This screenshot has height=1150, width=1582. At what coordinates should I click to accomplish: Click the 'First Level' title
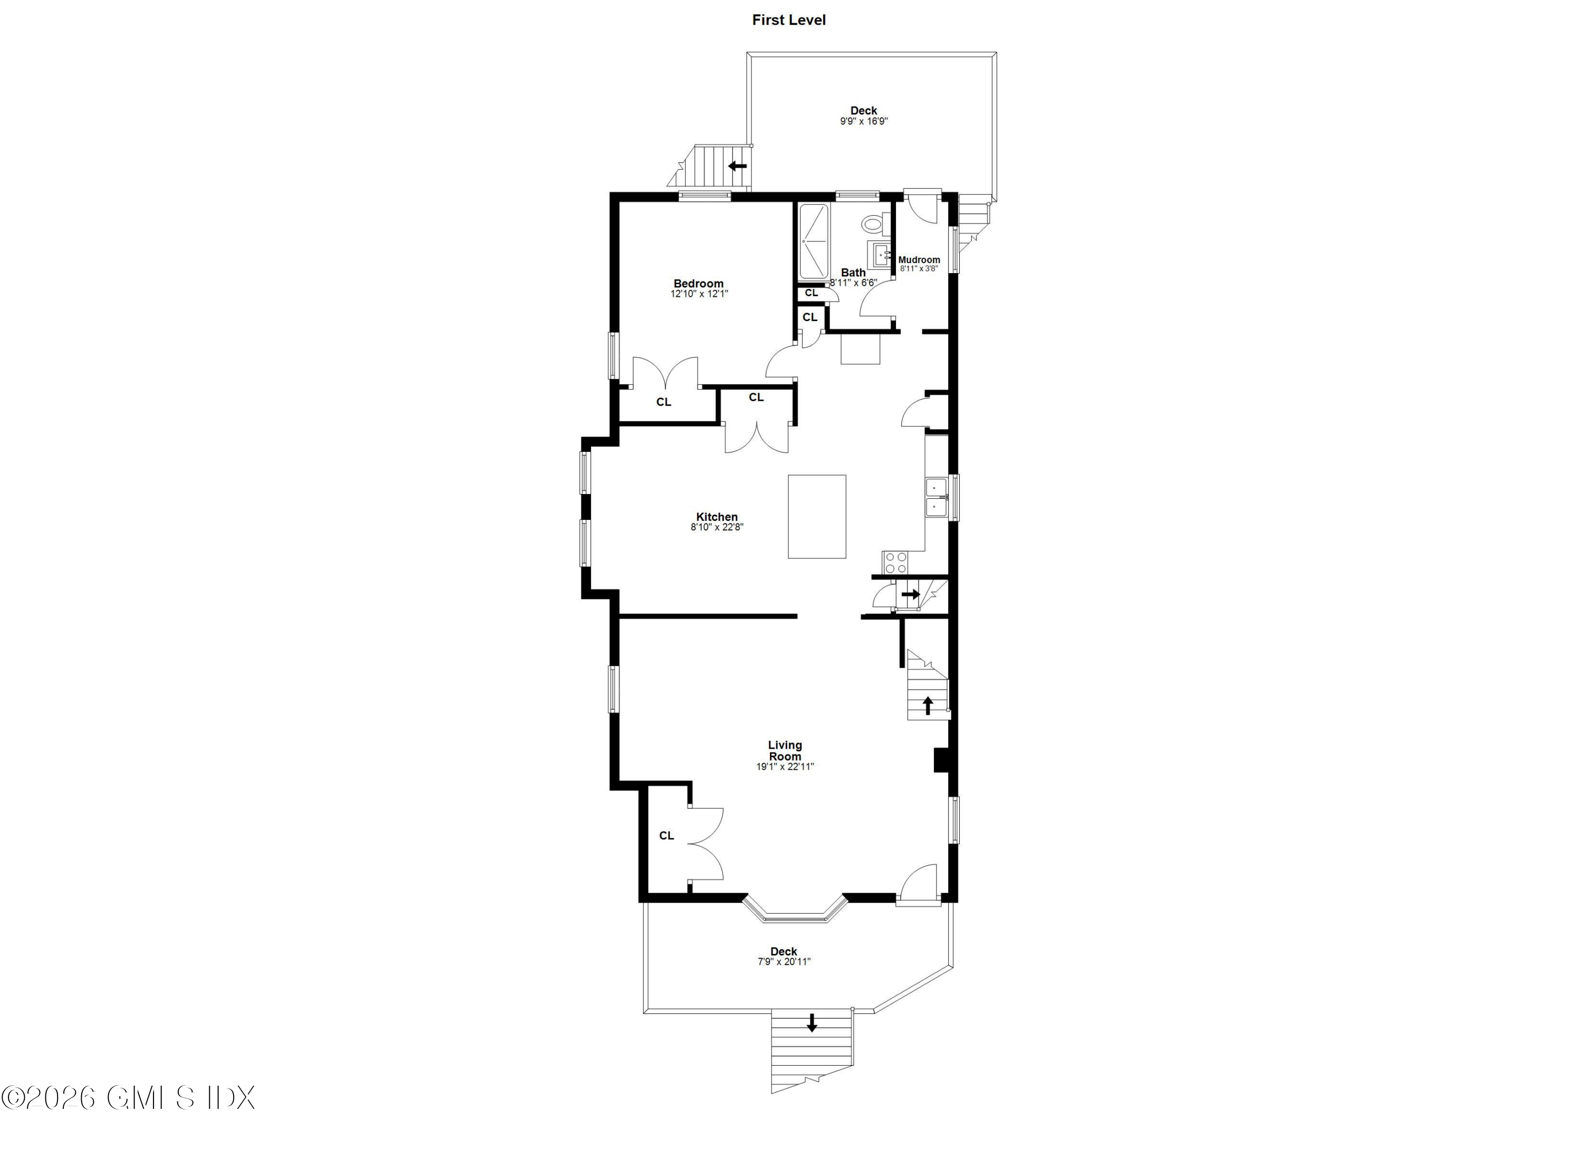click(x=788, y=20)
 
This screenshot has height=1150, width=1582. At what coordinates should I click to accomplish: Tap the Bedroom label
click(x=698, y=283)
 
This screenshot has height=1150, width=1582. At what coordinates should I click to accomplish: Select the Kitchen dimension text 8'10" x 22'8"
click(x=717, y=527)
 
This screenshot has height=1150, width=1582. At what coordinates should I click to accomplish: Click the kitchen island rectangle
click(x=817, y=516)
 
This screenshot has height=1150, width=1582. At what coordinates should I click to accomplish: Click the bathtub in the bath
click(x=813, y=241)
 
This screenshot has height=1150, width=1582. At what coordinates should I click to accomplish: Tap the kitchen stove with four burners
click(x=895, y=562)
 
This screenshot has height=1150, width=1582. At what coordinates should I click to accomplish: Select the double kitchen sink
click(x=935, y=497)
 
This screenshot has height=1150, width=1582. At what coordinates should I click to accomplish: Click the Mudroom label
click(x=919, y=260)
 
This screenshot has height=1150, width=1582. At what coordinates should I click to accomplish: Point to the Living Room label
click(x=785, y=750)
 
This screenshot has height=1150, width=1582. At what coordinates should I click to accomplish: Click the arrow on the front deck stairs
click(x=811, y=1023)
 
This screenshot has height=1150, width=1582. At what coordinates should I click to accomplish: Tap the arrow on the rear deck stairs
click(x=737, y=166)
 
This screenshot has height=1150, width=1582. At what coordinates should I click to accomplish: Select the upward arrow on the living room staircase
click(x=928, y=705)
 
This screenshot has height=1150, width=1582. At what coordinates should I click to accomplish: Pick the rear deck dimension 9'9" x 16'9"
click(x=864, y=121)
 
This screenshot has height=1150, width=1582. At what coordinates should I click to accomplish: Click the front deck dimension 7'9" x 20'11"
click(x=784, y=962)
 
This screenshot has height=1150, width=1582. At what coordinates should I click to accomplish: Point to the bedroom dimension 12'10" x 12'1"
click(x=699, y=294)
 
